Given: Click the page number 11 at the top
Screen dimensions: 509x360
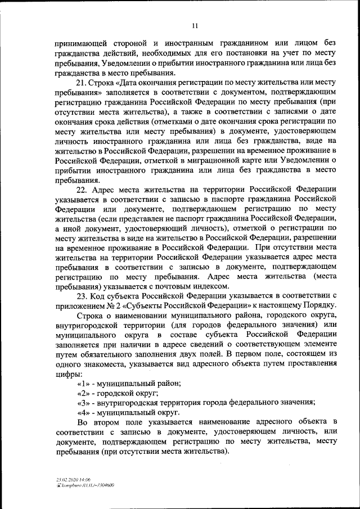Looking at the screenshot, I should (x=195, y=25).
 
